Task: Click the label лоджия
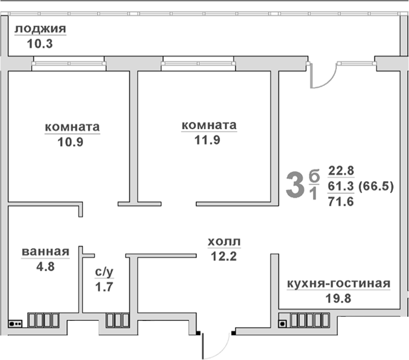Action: pyautogui.click(x=40, y=29)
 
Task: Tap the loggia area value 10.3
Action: pyautogui.click(x=40, y=44)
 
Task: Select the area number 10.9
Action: pyautogui.click(x=72, y=141)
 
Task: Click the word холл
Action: pyautogui.click(x=224, y=242)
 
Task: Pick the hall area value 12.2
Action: pyautogui.click(x=224, y=256)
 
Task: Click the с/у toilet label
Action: pyautogui.click(x=104, y=272)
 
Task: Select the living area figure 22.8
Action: pyautogui.click(x=341, y=170)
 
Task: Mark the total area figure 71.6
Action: pyautogui.click(x=341, y=201)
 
